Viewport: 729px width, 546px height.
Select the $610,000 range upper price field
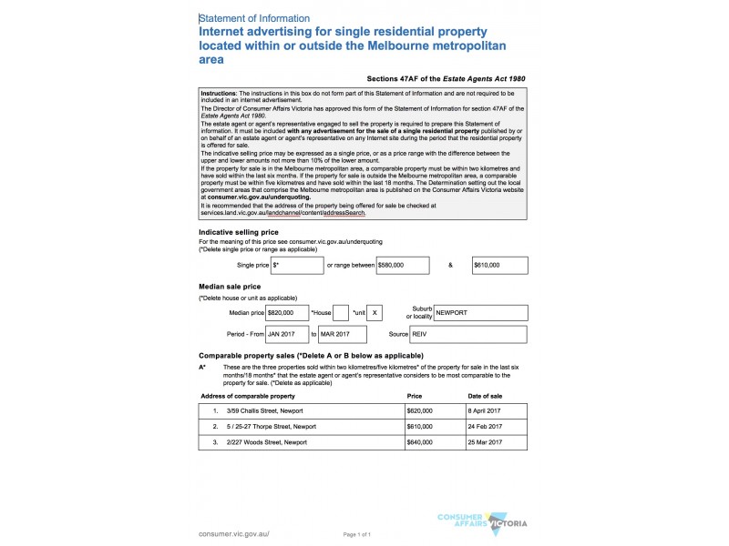click(499, 265)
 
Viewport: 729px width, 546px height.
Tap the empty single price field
click(297, 265)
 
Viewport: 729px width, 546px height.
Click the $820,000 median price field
click(287, 312)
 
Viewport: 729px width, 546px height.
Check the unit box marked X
click(375, 312)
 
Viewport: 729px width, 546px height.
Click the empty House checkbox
click(341, 312)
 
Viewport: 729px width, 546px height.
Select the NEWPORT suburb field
click(479, 312)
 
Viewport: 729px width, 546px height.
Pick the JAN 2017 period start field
click(287, 335)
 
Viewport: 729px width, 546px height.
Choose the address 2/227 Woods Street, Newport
click(268, 441)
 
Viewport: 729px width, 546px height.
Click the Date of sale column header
click(485, 397)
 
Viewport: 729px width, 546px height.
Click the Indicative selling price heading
click(239, 233)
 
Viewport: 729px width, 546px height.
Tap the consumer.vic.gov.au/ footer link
click(234, 533)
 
